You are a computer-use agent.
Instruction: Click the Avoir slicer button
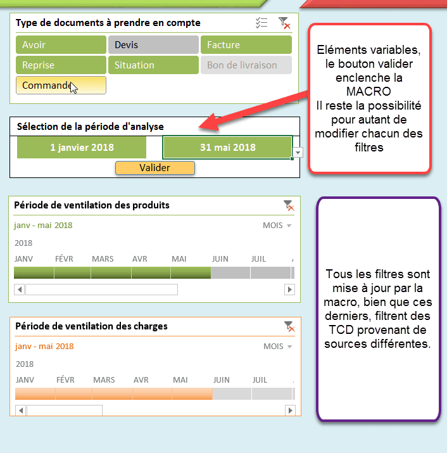point(61,45)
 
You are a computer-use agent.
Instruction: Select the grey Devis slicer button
point(153,45)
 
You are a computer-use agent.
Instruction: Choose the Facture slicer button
point(246,45)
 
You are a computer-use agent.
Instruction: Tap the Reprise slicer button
point(61,65)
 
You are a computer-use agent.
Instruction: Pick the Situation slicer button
point(153,65)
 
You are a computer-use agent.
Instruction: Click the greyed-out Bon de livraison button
point(246,65)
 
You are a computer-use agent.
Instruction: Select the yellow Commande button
point(61,86)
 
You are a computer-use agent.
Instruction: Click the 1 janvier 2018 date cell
point(82,148)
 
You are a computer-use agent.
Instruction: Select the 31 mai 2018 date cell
point(227,148)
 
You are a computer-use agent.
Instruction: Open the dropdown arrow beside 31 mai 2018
point(298,152)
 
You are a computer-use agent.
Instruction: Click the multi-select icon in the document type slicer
point(261,23)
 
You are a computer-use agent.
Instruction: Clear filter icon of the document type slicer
point(284,23)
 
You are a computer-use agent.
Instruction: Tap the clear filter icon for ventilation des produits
point(289,205)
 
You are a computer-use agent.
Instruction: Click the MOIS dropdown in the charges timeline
point(277,347)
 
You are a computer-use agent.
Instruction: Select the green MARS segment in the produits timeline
point(111,272)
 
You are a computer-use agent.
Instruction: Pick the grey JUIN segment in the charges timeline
point(232,394)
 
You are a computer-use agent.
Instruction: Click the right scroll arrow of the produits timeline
point(289,290)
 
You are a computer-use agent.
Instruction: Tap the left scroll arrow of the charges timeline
point(20,411)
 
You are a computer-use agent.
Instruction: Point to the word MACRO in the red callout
point(368,92)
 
